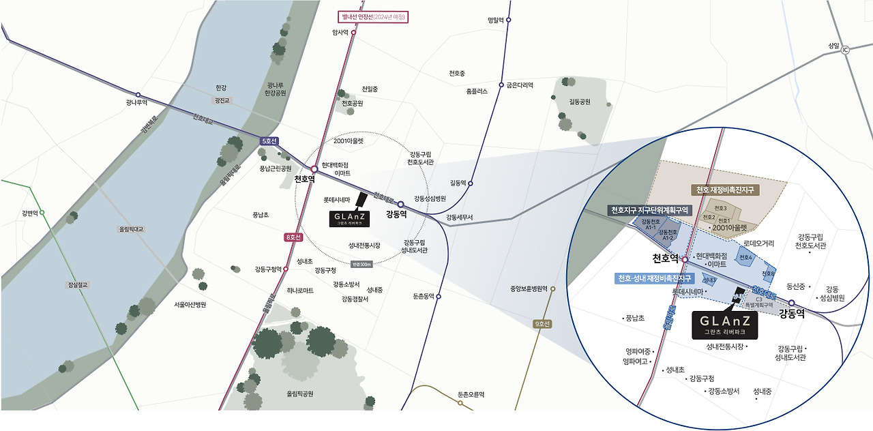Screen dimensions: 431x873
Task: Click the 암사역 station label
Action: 340,32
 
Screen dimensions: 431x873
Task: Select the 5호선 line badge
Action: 269,141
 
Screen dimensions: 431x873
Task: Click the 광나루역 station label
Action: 136,103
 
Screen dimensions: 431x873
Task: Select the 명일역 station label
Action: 495,20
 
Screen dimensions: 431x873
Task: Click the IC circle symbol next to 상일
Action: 845,50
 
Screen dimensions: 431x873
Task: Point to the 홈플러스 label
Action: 477,91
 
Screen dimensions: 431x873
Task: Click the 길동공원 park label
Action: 580,102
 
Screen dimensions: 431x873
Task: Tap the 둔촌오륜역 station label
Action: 471,394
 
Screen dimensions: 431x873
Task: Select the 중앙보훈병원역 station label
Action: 529,288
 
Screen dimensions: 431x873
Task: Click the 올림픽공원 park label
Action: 300,393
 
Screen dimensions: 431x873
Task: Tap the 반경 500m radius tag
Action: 361,264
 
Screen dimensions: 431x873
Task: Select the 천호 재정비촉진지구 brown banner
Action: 727,190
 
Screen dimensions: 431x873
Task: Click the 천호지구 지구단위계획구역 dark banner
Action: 651,209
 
